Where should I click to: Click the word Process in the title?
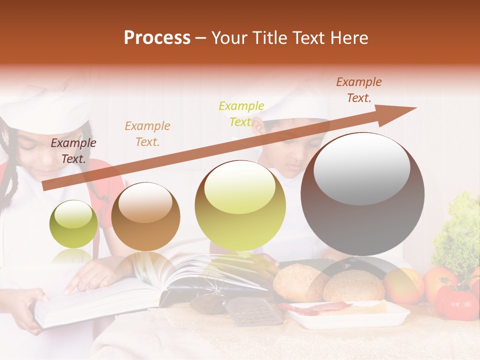pyautogui.click(x=157, y=38)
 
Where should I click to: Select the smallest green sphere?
pyautogui.click(x=73, y=224)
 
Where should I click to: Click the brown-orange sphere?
pyautogui.click(x=145, y=216)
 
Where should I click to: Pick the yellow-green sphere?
pyautogui.click(x=240, y=205)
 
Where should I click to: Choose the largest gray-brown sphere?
pyautogui.click(x=362, y=193)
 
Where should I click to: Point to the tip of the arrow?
pyautogui.click(x=415, y=108)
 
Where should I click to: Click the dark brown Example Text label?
pyautogui.click(x=73, y=151)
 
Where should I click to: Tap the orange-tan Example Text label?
pyautogui.click(x=147, y=134)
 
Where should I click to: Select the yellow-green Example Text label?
pyautogui.click(x=241, y=114)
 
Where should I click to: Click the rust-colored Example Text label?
pyautogui.click(x=359, y=90)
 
